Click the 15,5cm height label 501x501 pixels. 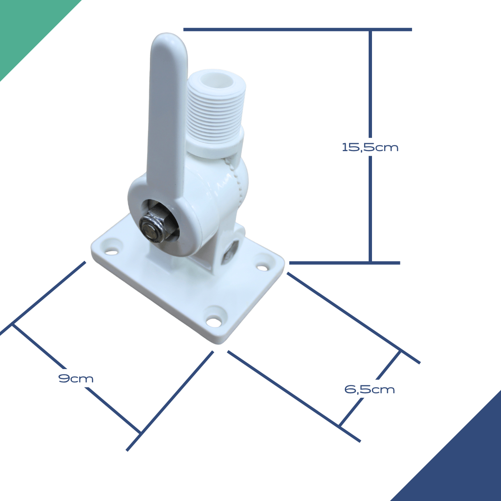(370, 147)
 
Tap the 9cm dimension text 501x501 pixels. (76, 379)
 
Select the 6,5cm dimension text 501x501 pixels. (370, 390)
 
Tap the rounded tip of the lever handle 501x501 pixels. (169, 39)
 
